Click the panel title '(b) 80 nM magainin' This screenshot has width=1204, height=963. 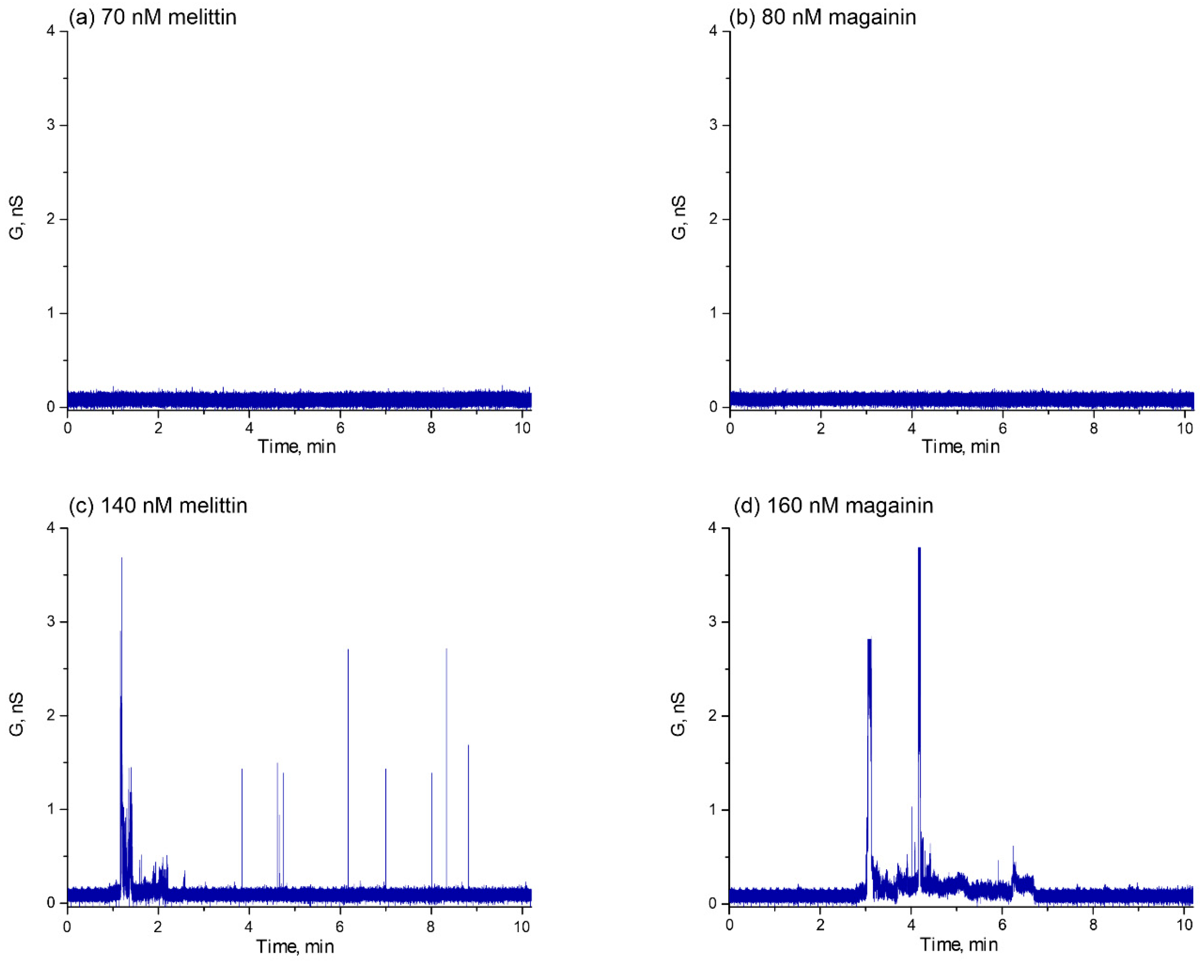click(822, 17)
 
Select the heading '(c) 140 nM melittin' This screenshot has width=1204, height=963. click(157, 505)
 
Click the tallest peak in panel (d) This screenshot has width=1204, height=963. click(919, 550)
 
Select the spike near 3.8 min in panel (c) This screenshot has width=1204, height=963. click(242, 771)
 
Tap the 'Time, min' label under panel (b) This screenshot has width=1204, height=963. click(960, 447)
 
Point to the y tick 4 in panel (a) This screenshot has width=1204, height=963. click(51, 31)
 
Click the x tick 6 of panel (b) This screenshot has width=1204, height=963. click(1003, 429)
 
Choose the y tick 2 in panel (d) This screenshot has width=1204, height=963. click(713, 716)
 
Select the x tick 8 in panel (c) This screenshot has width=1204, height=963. click(431, 927)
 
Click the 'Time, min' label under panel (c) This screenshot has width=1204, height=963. click(295, 946)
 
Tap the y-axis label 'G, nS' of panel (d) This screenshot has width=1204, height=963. click(678, 715)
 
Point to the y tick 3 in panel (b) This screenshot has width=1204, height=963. click(713, 125)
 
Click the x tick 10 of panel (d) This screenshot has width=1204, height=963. click(1184, 926)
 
